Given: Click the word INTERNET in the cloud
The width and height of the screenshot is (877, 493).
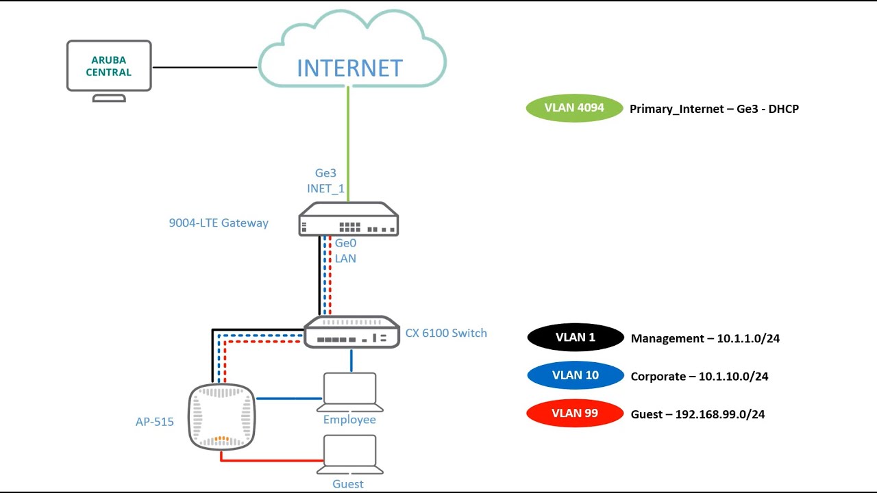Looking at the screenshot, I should tap(349, 68).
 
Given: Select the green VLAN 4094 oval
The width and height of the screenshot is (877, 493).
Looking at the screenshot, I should tap(574, 108).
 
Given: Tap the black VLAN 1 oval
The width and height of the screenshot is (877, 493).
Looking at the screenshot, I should tap(576, 338).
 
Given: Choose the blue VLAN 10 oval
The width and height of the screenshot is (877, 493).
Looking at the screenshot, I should tap(576, 376).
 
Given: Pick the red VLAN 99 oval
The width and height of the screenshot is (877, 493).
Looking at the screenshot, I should tap(576, 414).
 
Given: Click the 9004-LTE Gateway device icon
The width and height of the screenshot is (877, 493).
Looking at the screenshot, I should tap(349, 220).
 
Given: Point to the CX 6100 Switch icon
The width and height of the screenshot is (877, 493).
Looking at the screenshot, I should tap(351, 332).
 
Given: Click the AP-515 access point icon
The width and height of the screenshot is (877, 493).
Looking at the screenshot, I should tap(221, 416).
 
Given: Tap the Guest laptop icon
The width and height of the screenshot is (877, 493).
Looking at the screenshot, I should tap(349, 454).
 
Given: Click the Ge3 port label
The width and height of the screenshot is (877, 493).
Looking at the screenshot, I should tap(325, 174).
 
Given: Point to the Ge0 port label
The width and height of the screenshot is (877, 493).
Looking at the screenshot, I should tap(345, 243).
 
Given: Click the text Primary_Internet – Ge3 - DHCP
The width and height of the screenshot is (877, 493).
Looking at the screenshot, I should tap(714, 109).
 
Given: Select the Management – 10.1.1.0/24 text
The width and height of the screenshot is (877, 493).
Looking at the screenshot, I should tap(705, 338).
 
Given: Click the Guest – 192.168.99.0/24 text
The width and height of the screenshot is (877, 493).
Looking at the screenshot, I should tap(697, 414).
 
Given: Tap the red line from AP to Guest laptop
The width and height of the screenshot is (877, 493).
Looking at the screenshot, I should tap(274, 460).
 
